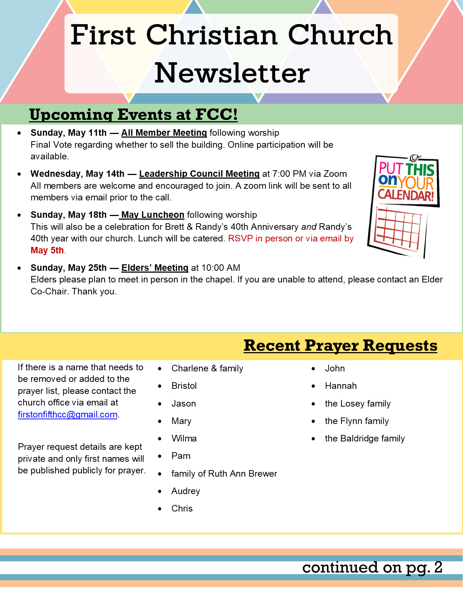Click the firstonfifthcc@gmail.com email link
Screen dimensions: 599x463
[68, 415]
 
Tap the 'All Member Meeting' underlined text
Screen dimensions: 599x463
[164, 133]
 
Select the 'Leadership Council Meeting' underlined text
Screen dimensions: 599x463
[199, 174]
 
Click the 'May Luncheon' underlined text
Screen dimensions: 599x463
[153, 215]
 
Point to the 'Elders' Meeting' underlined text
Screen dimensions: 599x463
[155, 268]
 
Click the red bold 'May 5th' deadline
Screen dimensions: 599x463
[47, 250]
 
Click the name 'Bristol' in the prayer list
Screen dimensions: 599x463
[184, 386]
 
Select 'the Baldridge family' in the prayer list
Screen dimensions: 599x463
[365, 439]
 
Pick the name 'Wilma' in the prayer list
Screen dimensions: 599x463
[184, 439]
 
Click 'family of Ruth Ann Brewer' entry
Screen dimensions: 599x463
[224, 474]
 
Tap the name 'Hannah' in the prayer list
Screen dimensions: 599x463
[341, 386]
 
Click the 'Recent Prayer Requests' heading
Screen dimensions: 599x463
[340, 346]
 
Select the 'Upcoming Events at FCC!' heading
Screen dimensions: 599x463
[133, 115]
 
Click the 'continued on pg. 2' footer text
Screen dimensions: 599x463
[372, 567]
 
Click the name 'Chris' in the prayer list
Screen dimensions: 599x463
[182, 509]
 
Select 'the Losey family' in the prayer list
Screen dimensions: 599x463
[358, 404]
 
